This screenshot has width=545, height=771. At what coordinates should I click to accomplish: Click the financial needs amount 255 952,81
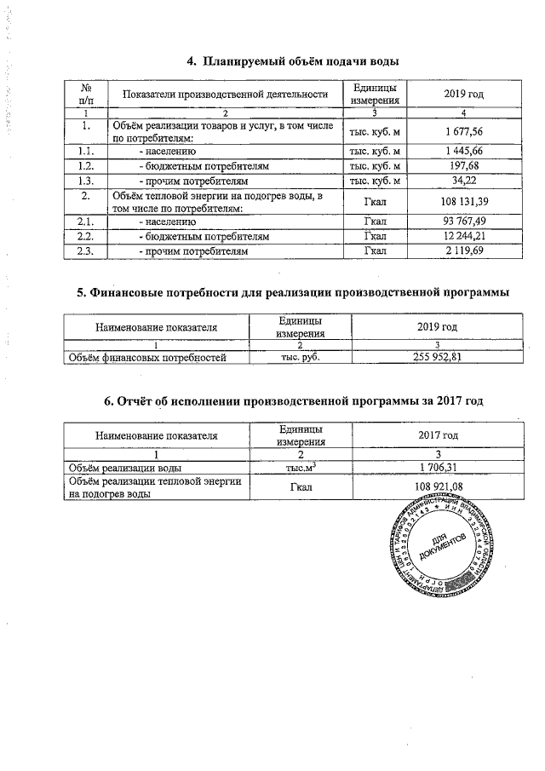[x=438, y=358]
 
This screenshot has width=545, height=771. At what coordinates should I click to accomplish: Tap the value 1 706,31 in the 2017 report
[x=438, y=467]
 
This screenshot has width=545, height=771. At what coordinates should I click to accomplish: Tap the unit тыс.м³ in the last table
[x=290, y=467]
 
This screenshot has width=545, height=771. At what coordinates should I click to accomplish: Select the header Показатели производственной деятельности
[x=225, y=94]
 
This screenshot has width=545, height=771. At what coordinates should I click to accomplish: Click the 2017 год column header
[x=438, y=435]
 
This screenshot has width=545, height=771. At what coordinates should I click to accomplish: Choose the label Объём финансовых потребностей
[x=147, y=358]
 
